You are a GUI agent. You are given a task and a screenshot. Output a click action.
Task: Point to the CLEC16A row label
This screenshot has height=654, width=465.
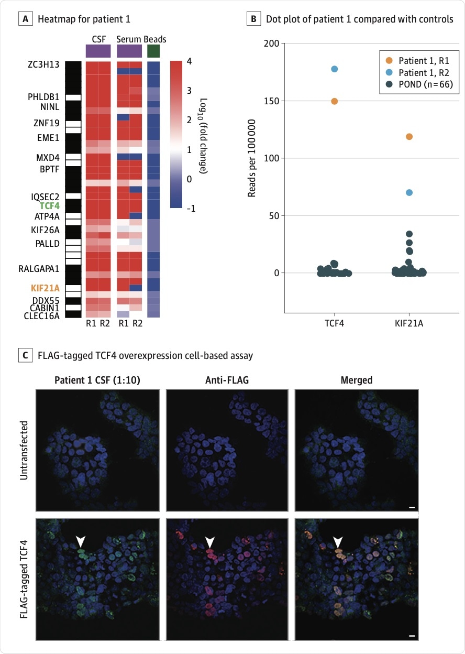pyautogui.click(x=42, y=316)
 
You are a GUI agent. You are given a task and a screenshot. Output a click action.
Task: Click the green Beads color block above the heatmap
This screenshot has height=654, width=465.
pyautogui.click(x=153, y=51)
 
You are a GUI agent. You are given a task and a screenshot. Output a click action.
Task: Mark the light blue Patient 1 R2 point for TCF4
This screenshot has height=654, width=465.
pyautogui.click(x=335, y=69)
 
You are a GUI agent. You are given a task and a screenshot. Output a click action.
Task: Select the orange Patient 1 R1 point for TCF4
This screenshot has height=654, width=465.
pyautogui.click(x=335, y=101)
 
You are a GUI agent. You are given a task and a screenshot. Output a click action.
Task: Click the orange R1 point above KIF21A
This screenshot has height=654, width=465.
pyautogui.click(x=409, y=137)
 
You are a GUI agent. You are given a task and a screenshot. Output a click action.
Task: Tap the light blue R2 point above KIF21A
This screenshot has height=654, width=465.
pyautogui.click(x=409, y=193)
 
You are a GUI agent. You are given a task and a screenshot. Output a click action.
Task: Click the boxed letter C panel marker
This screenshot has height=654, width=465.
pyautogui.click(x=24, y=356)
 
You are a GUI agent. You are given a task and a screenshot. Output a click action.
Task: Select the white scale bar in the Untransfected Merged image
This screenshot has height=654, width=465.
pyautogui.click(x=412, y=507)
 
